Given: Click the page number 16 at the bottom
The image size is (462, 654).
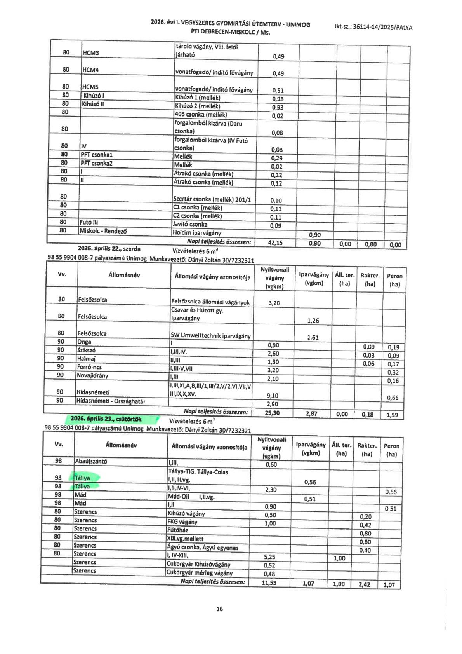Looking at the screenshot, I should pos(220,609).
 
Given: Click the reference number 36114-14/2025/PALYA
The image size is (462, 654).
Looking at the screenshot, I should pos(373,27).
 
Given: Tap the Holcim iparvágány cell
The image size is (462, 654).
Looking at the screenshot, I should pos(197,233).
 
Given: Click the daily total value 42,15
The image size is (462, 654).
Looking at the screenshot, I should pos(275,242).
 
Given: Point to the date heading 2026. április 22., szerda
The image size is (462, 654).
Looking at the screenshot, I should pos(109,248).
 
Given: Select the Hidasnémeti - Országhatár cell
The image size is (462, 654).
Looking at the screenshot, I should pos(111,401).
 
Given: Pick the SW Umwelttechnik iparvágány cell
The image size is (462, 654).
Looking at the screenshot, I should pos(210,336).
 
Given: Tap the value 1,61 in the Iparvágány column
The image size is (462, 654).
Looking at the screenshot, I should pos(313,337).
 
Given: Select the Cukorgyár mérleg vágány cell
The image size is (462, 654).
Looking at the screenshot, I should pos(200,572).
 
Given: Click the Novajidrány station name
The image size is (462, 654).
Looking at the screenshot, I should pos(92,375).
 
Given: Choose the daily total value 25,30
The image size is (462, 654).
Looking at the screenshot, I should pos(273,413).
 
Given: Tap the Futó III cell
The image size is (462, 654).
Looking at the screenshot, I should pos(89,222).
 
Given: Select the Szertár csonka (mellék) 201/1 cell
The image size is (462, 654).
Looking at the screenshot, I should pos(212,200).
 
